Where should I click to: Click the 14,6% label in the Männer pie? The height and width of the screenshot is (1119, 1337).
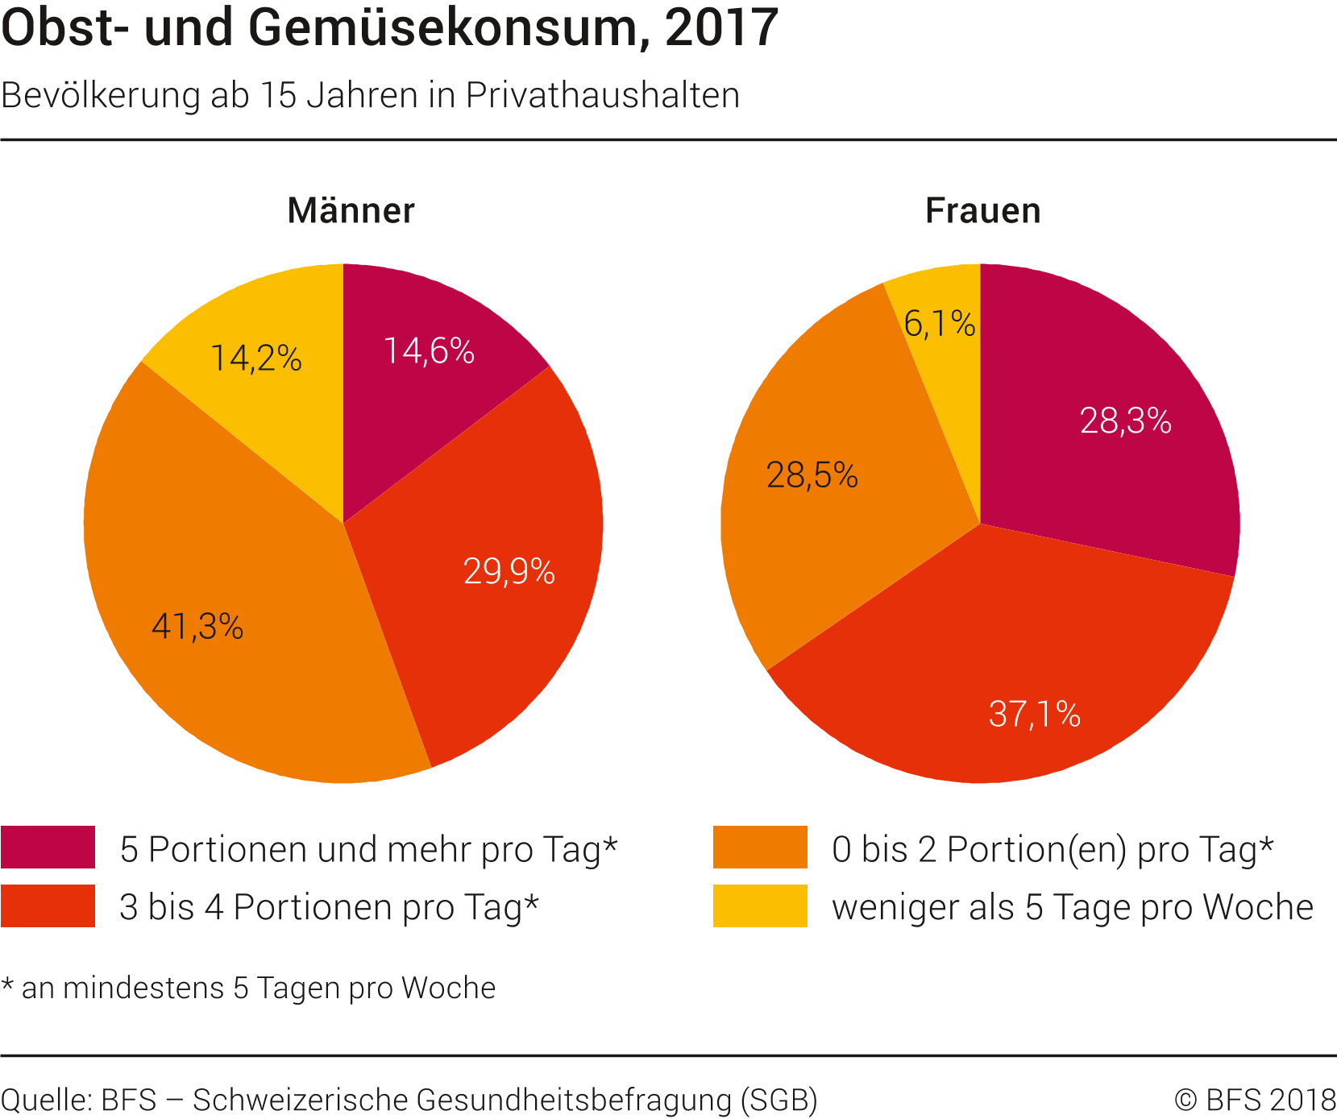pos(429,351)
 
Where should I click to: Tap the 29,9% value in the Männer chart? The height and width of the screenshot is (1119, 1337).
pos(509,572)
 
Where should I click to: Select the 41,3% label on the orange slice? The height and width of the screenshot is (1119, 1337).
pos(197,627)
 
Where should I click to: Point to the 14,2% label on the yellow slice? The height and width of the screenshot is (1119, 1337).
pos(256,358)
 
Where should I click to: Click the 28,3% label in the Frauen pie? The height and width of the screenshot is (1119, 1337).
pos(1126,421)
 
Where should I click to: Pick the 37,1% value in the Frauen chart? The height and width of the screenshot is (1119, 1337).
pos(1035,715)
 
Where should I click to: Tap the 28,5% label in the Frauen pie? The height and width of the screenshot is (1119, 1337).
pos(812,476)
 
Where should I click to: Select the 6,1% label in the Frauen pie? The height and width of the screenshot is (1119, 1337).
pos(940,324)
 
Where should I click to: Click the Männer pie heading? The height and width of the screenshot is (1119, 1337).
pos(351,211)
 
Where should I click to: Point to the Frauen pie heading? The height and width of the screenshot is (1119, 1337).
pos(982,211)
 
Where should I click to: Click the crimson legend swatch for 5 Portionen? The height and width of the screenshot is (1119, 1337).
pos(48,848)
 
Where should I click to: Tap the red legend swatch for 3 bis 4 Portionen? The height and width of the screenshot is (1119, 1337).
pos(48,906)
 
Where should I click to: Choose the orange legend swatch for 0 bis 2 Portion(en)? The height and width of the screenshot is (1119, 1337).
pos(760,848)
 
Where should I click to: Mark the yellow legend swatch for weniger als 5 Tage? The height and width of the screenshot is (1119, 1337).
pos(760,906)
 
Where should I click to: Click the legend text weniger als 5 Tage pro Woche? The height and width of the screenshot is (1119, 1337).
pos(1073,908)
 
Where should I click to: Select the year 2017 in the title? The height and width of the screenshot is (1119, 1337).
pos(722,29)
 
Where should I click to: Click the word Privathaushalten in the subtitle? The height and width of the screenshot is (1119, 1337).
pos(602,96)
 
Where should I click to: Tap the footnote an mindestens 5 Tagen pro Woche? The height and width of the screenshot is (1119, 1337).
pos(258,988)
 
